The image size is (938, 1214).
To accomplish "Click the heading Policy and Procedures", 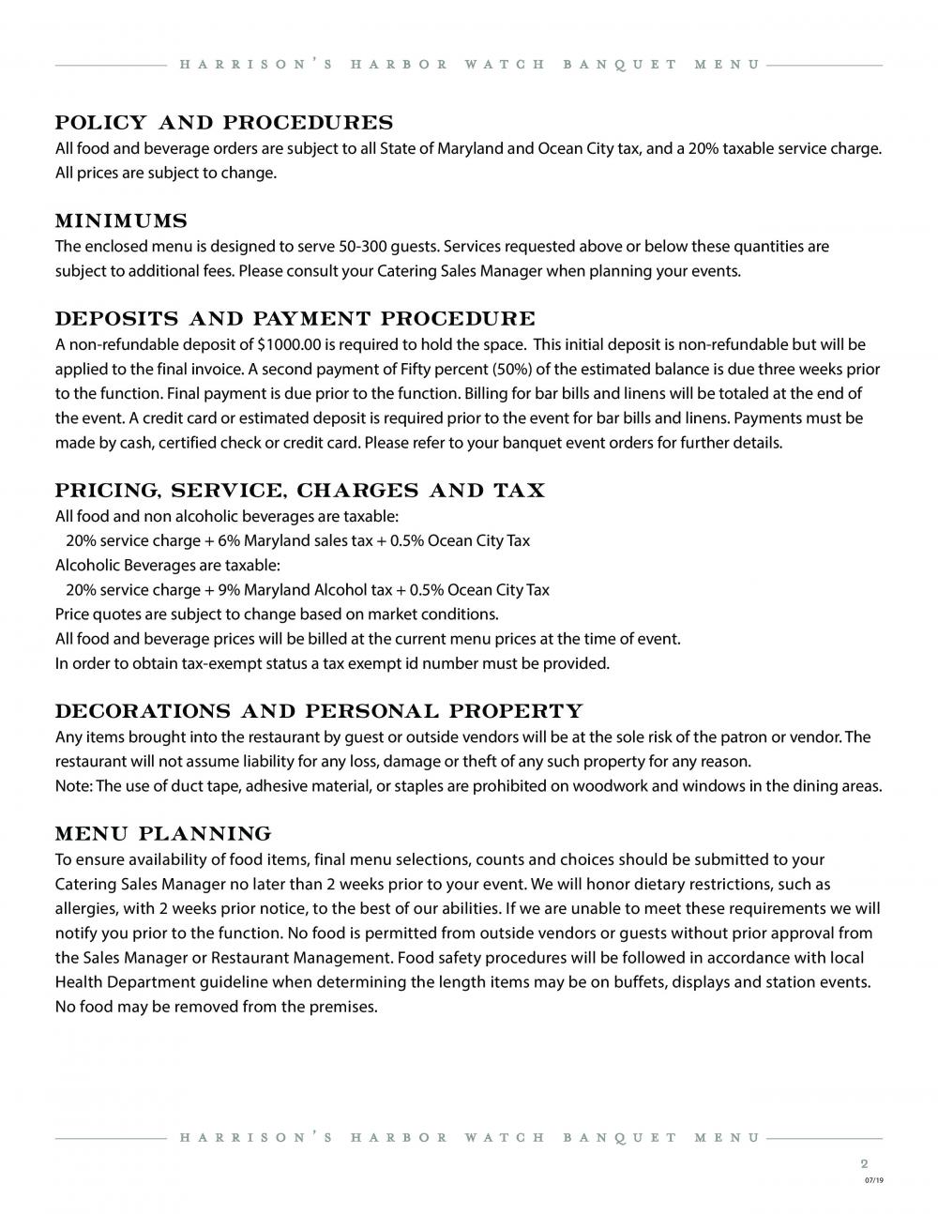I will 224,123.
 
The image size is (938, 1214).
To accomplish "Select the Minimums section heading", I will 121,221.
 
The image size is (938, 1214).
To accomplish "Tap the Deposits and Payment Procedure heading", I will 295,319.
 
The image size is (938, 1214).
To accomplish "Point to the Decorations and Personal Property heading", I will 319,711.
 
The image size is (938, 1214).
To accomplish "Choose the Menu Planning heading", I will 163,834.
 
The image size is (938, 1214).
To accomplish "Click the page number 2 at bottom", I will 864,1163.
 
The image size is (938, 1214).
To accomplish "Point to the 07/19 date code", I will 873,1180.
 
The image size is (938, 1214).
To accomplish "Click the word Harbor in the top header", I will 400,65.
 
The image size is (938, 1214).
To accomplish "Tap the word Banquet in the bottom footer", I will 620,1138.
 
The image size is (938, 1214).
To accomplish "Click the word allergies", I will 85,909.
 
